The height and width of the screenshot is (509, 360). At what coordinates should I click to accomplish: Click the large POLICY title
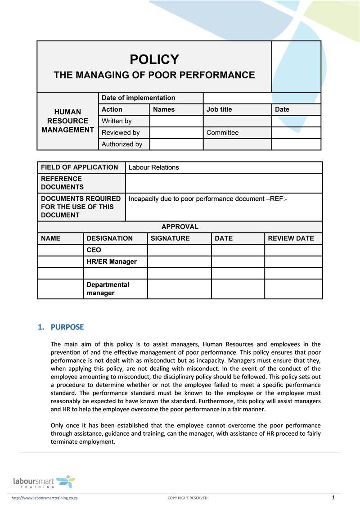click(x=154, y=59)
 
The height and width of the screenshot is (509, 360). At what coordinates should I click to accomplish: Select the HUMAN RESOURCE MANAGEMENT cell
click(x=67, y=121)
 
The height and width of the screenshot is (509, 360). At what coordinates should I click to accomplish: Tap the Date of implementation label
click(x=138, y=98)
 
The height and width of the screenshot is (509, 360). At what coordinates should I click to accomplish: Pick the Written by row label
click(x=117, y=121)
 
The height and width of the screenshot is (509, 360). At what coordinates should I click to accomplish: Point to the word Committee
click(x=222, y=133)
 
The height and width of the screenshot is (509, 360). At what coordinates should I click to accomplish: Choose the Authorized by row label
click(x=121, y=144)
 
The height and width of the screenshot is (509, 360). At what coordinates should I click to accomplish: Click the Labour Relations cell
click(x=153, y=167)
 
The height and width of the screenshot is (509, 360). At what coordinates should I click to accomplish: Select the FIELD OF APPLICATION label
click(x=79, y=167)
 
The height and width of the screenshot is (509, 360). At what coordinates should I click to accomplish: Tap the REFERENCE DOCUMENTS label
click(x=62, y=183)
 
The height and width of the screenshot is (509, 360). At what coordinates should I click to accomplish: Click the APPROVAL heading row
click(x=180, y=227)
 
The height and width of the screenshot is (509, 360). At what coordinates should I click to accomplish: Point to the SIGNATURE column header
click(x=170, y=239)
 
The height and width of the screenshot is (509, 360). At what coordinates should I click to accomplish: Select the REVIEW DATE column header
click(x=291, y=239)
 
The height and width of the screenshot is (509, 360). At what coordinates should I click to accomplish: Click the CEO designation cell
click(x=94, y=250)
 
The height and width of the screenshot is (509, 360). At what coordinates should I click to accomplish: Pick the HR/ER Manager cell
click(x=111, y=261)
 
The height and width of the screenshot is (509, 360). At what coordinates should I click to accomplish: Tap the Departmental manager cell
click(x=108, y=289)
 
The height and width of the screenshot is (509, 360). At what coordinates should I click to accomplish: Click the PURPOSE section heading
click(x=67, y=327)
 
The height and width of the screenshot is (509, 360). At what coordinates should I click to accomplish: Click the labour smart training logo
click(x=44, y=482)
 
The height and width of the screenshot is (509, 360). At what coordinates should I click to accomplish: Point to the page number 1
click(x=333, y=497)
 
